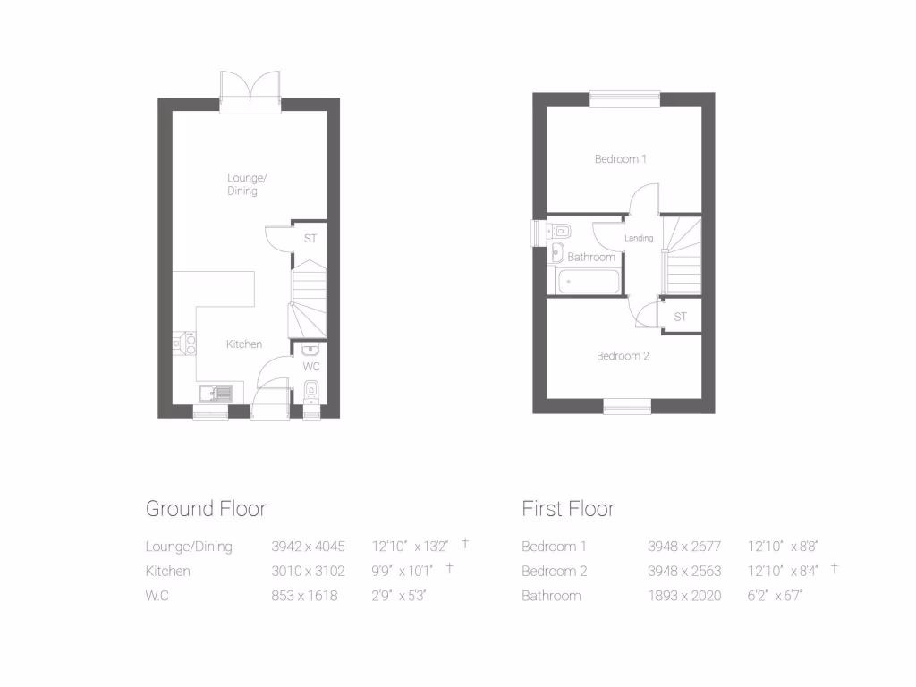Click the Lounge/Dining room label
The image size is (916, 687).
pyautogui.click(x=242, y=184)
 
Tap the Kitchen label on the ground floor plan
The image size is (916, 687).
pyautogui.click(x=243, y=344)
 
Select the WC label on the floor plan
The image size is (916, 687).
pyautogui.click(x=311, y=367)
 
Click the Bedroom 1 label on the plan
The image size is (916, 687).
pyautogui.click(x=620, y=159)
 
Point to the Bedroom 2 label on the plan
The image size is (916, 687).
pyautogui.click(x=623, y=356)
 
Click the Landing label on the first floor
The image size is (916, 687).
pyautogui.click(x=639, y=238)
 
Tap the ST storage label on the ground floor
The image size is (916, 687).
pyautogui.click(x=310, y=239)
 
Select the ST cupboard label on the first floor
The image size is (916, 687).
pyautogui.click(x=680, y=317)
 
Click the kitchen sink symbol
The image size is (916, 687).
pyautogui.click(x=215, y=391)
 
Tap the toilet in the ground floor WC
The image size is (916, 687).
pyautogui.click(x=310, y=389)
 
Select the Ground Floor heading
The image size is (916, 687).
pyautogui.click(x=206, y=509)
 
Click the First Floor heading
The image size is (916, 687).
pyautogui.click(x=568, y=509)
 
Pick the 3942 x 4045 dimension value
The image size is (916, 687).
pyautogui.click(x=308, y=546)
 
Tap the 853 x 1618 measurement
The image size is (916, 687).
pyautogui.click(x=304, y=596)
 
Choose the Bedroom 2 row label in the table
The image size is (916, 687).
pyautogui.click(x=554, y=571)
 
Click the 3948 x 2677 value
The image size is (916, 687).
pyautogui.click(x=684, y=546)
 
